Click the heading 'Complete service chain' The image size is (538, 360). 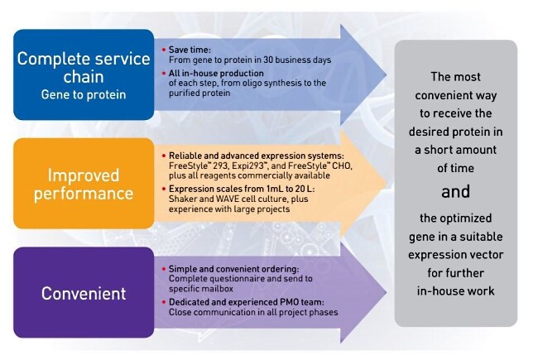(84, 68)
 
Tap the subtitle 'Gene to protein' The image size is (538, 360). (84, 94)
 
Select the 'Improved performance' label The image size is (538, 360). (84, 185)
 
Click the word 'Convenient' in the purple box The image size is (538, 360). (84, 294)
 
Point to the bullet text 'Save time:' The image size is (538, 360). (190, 50)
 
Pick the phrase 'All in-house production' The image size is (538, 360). (216, 73)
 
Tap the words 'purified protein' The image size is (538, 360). (199, 93)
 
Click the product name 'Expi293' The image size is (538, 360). (248, 166)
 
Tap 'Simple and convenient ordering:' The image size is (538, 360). (233, 269)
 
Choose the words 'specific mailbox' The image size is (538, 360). (201, 289)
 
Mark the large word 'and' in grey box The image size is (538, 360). (455, 191)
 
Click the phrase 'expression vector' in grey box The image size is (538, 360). (456, 255)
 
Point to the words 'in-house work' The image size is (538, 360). (456, 291)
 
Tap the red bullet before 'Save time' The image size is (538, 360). (164, 50)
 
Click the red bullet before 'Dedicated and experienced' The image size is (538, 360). (164, 302)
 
